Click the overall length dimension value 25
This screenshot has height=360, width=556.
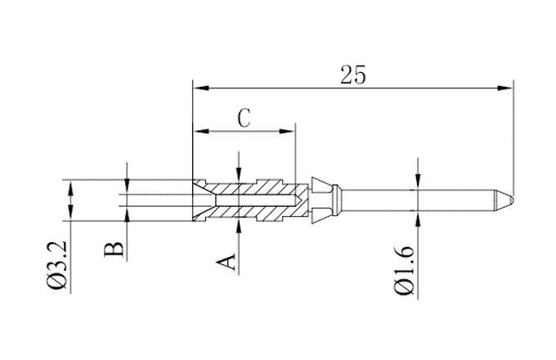pos(352,74)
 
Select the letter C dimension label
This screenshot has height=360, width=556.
pos(244,117)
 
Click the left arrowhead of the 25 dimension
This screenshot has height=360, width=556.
pos(198,86)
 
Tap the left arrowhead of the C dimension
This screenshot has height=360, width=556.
pos(198,130)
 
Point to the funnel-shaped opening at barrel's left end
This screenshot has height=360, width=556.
pos(202,200)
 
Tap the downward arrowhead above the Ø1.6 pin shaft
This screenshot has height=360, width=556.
pos(418,186)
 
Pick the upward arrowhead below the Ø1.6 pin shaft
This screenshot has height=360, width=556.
pos(418,214)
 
